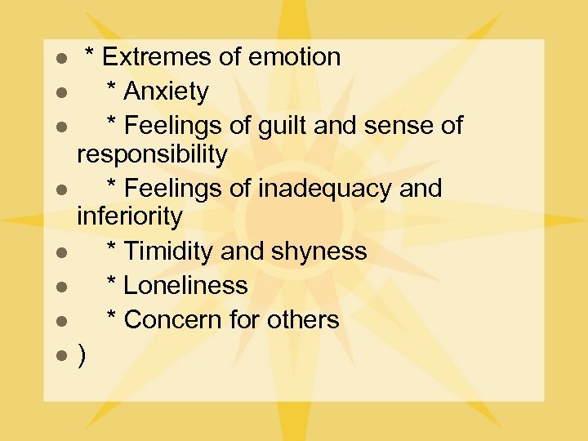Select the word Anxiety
click(x=167, y=91)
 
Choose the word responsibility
click(x=152, y=154)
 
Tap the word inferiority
click(x=129, y=216)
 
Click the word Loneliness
click(x=186, y=286)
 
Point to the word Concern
click(x=172, y=320)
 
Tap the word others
click(x=301, y=320)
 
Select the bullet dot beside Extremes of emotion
click(x=60, y=59)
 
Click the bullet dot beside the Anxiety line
click(x=60, y=93)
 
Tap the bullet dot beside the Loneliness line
click(x=60, y=287)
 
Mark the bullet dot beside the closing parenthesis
click(x=60, y=357)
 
